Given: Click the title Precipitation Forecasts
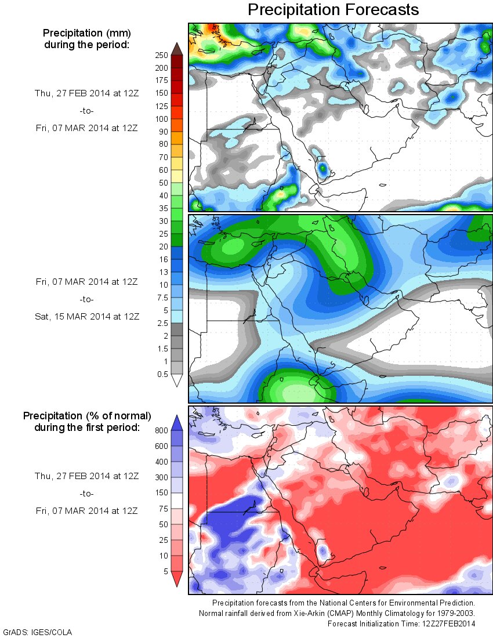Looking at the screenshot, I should click(x=333, y=10).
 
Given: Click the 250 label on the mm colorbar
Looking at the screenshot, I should click(x=161, y=55).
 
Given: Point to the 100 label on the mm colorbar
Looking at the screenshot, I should click(x=161, y=118).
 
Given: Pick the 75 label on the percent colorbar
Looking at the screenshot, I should click(x=164, y=509).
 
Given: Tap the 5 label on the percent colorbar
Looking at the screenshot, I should click(x=165, y=571).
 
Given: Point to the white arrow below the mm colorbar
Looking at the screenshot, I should click(x=177, y=380).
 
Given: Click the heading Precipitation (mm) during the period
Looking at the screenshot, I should click(x=87, y=38).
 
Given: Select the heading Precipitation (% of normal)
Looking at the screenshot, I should click(x=87, y=416).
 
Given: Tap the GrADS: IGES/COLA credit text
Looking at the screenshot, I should click(x=38, y=632).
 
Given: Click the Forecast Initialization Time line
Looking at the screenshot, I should click(x=401, y=623).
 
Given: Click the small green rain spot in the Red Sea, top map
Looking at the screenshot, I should click(x=323, y=170).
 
